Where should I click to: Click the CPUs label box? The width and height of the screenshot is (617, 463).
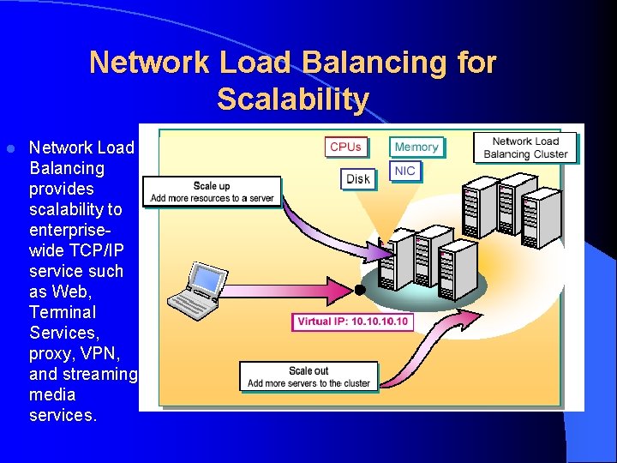[345, 147]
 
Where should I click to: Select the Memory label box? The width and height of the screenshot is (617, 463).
[416, 147]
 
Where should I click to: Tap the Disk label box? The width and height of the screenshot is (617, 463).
[358, 178]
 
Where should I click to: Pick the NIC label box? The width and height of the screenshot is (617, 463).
[405, 171]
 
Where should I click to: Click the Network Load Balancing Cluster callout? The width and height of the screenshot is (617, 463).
[525, 147]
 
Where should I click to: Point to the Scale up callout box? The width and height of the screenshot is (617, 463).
[212, 192]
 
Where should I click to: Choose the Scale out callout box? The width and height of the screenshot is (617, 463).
[308, 376]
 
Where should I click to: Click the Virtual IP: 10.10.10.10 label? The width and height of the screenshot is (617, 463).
[352, 322]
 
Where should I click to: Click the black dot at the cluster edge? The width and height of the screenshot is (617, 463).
[360, 290]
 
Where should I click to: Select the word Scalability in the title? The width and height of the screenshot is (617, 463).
[292, 99]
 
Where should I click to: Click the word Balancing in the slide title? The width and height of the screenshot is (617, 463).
[374, 63]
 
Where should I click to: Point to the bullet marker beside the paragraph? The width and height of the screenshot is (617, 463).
[10, 148]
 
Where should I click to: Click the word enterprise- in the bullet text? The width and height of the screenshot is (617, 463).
[75, 230]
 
